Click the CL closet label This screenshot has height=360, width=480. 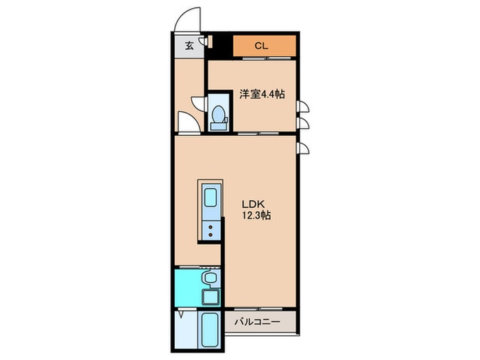(x=261, y=46)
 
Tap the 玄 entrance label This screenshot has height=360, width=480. (x=189, y=46)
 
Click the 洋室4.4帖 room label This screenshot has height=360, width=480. (x=261, y=95)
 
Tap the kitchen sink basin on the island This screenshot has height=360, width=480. (x=211, y=200)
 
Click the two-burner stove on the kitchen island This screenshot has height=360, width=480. (x=211, y=229)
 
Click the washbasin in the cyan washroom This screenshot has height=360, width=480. (x=211, y=278)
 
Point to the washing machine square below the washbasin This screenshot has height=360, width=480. (x=211, y=298)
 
